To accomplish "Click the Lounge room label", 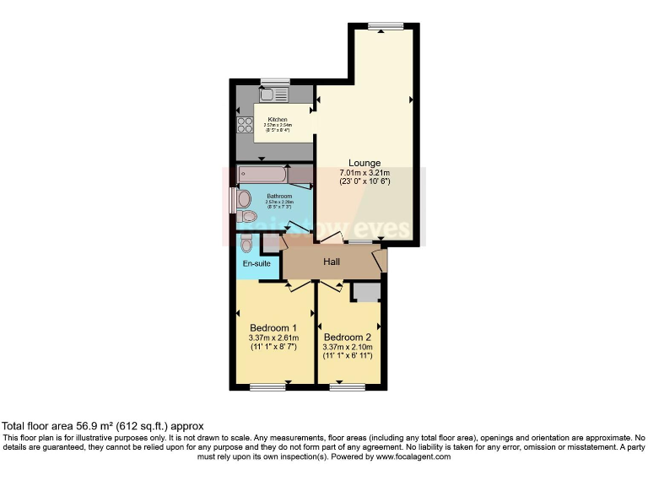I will tap(365, 163).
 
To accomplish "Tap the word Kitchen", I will tap(278, 120).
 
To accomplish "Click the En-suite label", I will tap(256, 264).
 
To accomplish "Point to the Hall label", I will tap(332, 262).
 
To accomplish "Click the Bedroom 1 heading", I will tap(273, 328).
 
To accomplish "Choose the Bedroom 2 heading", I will tap(347, 336).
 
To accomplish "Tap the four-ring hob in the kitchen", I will tap(246, 125).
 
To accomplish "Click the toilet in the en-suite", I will tap(246, 243).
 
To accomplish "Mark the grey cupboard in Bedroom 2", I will tap(365, 292).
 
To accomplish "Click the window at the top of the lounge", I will tap(384, 26).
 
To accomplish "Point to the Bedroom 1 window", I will tap(268, 387).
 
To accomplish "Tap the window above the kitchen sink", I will tap(275, 81).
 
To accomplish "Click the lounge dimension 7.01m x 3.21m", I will tap(365, 172).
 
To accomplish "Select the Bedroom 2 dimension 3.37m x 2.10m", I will tap(347, 346).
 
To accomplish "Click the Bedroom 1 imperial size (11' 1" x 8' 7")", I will tap(273, 347).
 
